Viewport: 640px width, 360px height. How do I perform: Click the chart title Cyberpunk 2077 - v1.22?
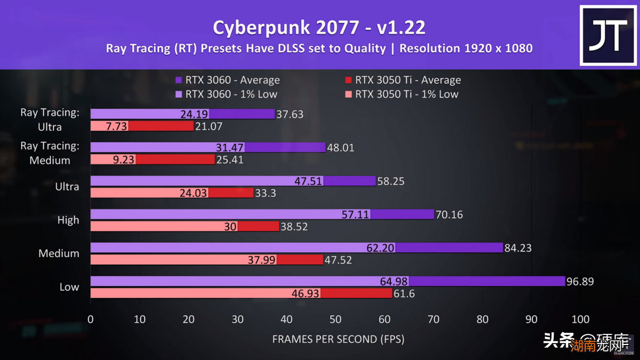319,27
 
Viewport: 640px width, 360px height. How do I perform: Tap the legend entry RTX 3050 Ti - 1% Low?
401,94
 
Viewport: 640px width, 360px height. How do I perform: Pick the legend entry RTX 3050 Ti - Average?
403,81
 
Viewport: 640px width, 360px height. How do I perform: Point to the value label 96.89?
580,281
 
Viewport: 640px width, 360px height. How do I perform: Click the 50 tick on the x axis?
335,319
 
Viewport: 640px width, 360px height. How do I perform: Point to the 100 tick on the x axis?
580,319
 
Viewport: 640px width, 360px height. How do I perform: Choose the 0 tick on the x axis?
91,319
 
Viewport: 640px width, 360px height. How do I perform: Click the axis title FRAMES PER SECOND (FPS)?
338,339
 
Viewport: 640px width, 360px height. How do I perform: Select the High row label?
68,220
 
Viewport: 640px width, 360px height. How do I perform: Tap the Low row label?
69,287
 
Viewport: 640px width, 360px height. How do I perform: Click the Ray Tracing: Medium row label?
50,153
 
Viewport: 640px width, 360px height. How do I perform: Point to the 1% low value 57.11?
355,214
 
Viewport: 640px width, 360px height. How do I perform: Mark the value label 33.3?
266,193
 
